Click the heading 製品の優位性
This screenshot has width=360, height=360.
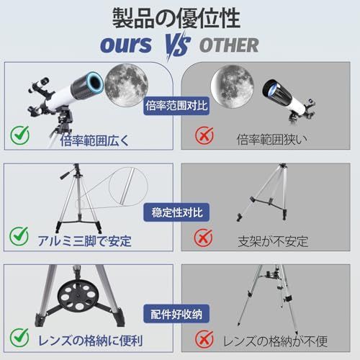tap(180, 17)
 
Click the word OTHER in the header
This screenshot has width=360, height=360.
tap(228, 45)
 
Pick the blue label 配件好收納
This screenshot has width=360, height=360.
tap(180, 315)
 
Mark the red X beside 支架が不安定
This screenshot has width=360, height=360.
tap(205, 236)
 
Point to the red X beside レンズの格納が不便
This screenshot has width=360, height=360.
tap(205, 338)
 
